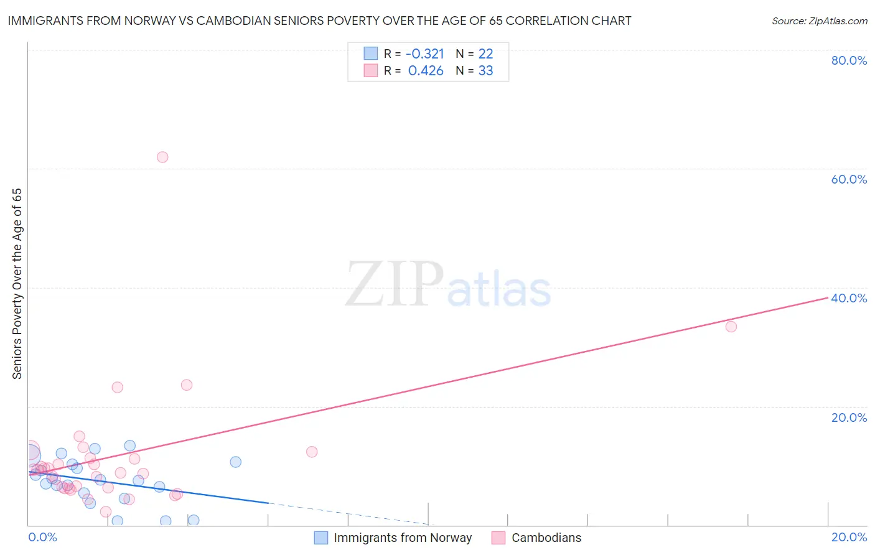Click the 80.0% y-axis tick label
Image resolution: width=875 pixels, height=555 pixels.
click(x=849, y=60)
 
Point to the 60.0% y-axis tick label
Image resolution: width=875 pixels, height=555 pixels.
click(x=849, y=179)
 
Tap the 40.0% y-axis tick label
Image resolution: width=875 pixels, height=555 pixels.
click(x=849, y=298)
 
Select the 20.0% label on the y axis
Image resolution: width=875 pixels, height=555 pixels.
click(x=849, y=417)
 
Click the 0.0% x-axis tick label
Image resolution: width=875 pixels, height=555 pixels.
click(x=43, y=537)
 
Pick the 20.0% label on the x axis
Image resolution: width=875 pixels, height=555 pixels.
click(x=849, y=537)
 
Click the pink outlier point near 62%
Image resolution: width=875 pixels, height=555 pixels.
click(x=162, y=157)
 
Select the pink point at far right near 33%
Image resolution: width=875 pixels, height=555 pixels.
click(x=731, y=327)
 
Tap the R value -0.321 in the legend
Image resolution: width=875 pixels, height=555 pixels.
click(x=425, y=54)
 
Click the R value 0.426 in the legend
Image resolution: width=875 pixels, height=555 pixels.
click(x=426, y=70)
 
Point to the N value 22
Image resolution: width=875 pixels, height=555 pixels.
click(x=485, y=54)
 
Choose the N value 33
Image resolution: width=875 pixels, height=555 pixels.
click(x=485, y=70)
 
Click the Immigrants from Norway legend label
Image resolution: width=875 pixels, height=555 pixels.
click(x=403, y=538)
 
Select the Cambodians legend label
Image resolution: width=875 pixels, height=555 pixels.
click(x=546, y=538)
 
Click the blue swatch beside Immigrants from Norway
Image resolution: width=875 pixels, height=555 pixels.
click(x=321, y=538)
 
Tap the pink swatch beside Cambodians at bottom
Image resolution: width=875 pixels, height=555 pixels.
click(x=498, y=538)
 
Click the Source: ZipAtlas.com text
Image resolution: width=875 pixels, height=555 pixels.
click(x=819, y=21)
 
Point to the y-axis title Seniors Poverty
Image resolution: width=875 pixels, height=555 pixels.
click(x=17, y=283)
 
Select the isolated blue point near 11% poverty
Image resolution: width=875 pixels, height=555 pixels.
click(x=235, y=462)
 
